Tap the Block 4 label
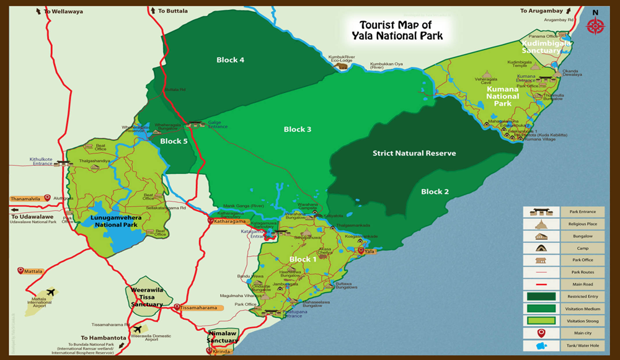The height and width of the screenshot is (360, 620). pos(230,60)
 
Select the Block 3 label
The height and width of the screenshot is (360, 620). pos(298,130)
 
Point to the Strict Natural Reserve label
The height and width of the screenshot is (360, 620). pos(414,153)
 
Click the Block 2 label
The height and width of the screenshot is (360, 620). pos(435,191)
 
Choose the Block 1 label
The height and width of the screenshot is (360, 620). pos(303,259)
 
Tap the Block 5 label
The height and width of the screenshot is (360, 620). pos(174,141)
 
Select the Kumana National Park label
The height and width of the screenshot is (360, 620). pos(502,96)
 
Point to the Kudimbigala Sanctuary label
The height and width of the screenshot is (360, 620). pos(546,48)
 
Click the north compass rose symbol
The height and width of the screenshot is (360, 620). pos(595,25)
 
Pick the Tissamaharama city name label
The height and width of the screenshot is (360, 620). pos(198,307)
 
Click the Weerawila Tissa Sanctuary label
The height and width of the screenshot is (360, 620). pos(146,297)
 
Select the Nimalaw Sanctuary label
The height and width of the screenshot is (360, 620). pos(222,336)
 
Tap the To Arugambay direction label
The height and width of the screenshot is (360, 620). pos(541,11)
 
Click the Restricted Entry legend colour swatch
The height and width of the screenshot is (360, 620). pos(539,296)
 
